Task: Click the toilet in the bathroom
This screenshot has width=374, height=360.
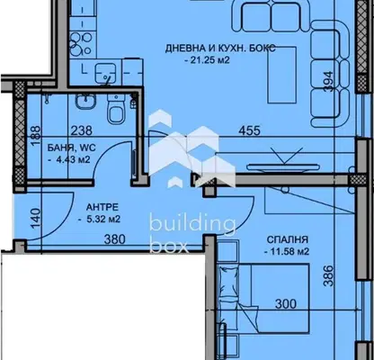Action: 116,110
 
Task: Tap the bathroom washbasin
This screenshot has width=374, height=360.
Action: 85,102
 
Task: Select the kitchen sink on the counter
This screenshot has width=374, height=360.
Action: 105,73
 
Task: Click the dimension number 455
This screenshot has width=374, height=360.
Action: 250,130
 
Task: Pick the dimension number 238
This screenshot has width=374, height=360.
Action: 81,130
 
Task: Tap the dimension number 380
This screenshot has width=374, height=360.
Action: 114,239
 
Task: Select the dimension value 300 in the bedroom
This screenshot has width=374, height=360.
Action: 286,304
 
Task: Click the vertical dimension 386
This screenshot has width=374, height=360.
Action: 329,275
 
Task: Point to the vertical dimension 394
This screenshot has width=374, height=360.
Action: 329,82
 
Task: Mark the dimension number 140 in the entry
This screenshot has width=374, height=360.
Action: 36,219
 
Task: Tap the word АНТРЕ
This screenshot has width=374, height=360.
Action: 102,207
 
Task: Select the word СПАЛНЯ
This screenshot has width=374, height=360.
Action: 288,239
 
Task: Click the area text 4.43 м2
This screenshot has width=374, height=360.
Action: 69,159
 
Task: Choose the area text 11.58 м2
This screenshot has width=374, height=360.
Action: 287,251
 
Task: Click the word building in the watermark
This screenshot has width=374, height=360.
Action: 192,225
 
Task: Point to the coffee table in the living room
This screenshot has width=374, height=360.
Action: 282,75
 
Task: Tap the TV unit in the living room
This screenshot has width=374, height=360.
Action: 282,166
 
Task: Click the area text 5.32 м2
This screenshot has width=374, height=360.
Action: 99,220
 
